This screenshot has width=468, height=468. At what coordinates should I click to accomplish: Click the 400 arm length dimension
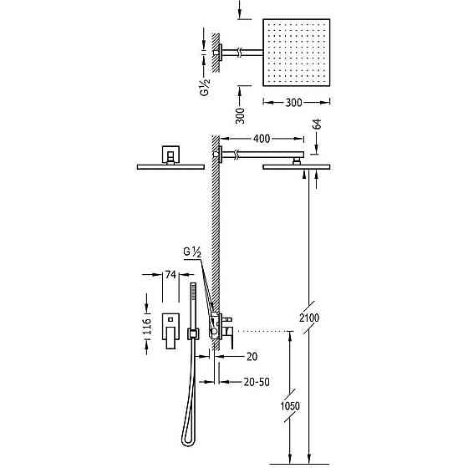262,139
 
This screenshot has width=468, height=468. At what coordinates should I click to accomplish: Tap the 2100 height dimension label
309,318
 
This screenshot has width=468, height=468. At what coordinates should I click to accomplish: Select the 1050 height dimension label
290,406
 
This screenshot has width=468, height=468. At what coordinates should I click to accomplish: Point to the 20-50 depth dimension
257,382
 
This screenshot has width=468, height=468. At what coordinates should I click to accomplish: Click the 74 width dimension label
170,275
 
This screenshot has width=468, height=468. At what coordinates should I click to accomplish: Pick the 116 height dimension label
147,326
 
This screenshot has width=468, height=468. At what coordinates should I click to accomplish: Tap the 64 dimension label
318,124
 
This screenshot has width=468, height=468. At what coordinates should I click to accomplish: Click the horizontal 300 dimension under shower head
293,103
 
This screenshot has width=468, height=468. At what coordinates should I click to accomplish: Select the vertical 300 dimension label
240,116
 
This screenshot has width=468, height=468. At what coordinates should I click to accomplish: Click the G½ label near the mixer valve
192,252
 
